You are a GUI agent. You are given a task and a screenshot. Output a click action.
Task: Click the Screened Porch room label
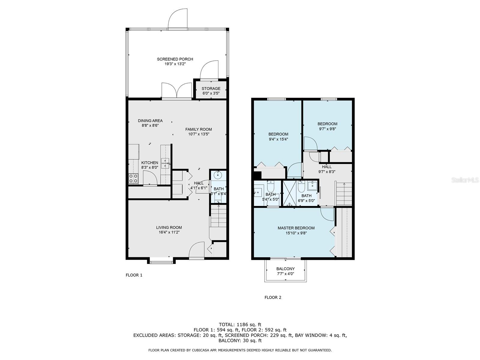tap(175, 59)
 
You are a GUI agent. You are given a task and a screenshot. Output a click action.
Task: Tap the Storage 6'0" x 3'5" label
tap(211, 91)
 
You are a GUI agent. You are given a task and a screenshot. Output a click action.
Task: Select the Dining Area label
tap(150, 121)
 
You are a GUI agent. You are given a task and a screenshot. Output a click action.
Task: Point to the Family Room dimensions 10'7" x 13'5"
tap(199, 134)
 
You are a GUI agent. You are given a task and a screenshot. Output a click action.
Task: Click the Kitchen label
tap(150, 163)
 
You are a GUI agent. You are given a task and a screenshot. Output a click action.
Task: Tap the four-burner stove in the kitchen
tap(133, 178)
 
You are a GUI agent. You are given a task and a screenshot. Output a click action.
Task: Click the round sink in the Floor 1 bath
tap(217, 175)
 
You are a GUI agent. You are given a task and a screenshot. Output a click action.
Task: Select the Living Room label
tap(169, 227)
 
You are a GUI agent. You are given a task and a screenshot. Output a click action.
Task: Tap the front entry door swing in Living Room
tap(196, 250)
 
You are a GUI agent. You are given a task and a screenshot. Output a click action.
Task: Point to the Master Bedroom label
tap(296, 228)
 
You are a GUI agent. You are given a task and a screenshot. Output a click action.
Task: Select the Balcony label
tap(285, 268)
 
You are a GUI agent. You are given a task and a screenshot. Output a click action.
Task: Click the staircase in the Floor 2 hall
tap(344, 194)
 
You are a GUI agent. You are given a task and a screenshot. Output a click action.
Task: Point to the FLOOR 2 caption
tap(273, 298)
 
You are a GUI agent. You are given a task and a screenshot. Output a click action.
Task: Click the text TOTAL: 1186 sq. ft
tap(240, 325)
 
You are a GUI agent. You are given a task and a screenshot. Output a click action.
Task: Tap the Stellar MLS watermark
tap(465, 180)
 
